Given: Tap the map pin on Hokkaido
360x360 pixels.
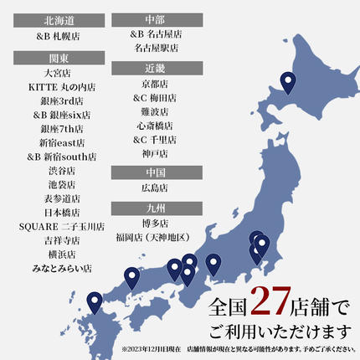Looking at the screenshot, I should point(289,83).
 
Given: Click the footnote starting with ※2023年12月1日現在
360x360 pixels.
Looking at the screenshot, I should point(238,349).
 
